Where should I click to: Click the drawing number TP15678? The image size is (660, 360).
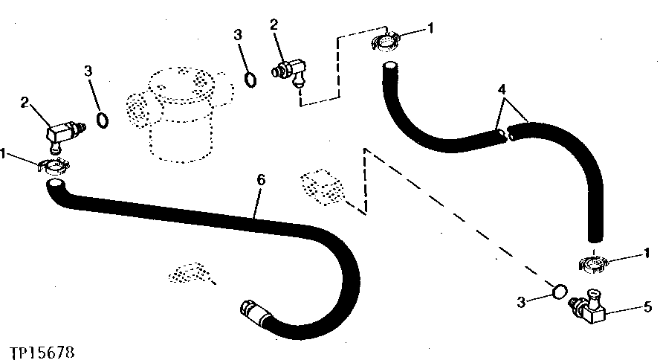pyautogui.click(x=42, y=353)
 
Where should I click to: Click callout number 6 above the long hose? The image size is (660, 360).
pyautogui.click(x=261, y=180)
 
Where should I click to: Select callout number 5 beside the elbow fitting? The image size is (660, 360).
pyautogui.click(x=647, y=307)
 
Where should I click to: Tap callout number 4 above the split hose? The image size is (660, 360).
pyautogui.click(x=501, y=89)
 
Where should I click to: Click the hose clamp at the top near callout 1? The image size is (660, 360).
pyautogui.click(x=385, y=41)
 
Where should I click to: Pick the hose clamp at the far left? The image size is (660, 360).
pyautogui.click(x=54, y=167)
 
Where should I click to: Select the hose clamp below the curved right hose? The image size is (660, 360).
pyautogui.click(x=594, y=263)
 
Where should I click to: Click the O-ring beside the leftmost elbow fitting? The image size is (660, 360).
pyautogui.click(x=103, y=120)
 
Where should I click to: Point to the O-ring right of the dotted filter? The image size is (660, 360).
pyautogui.click(x=250, y=80)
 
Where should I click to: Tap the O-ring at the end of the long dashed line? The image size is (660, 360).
pyautogui.click(x=560, y=292)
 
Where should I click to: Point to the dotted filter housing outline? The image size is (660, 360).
pyautogui.click(x=180, y=114)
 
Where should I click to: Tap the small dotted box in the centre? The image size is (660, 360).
pyautogui.click(x=323, y=187)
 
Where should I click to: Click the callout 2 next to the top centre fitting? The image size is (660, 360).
pyautogui.click(x=274, y=25)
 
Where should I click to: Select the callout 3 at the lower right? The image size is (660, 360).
pyautogui.click(x=522, y=302)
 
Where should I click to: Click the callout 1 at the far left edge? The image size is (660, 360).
pyautogui.click(x=3, y=154)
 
